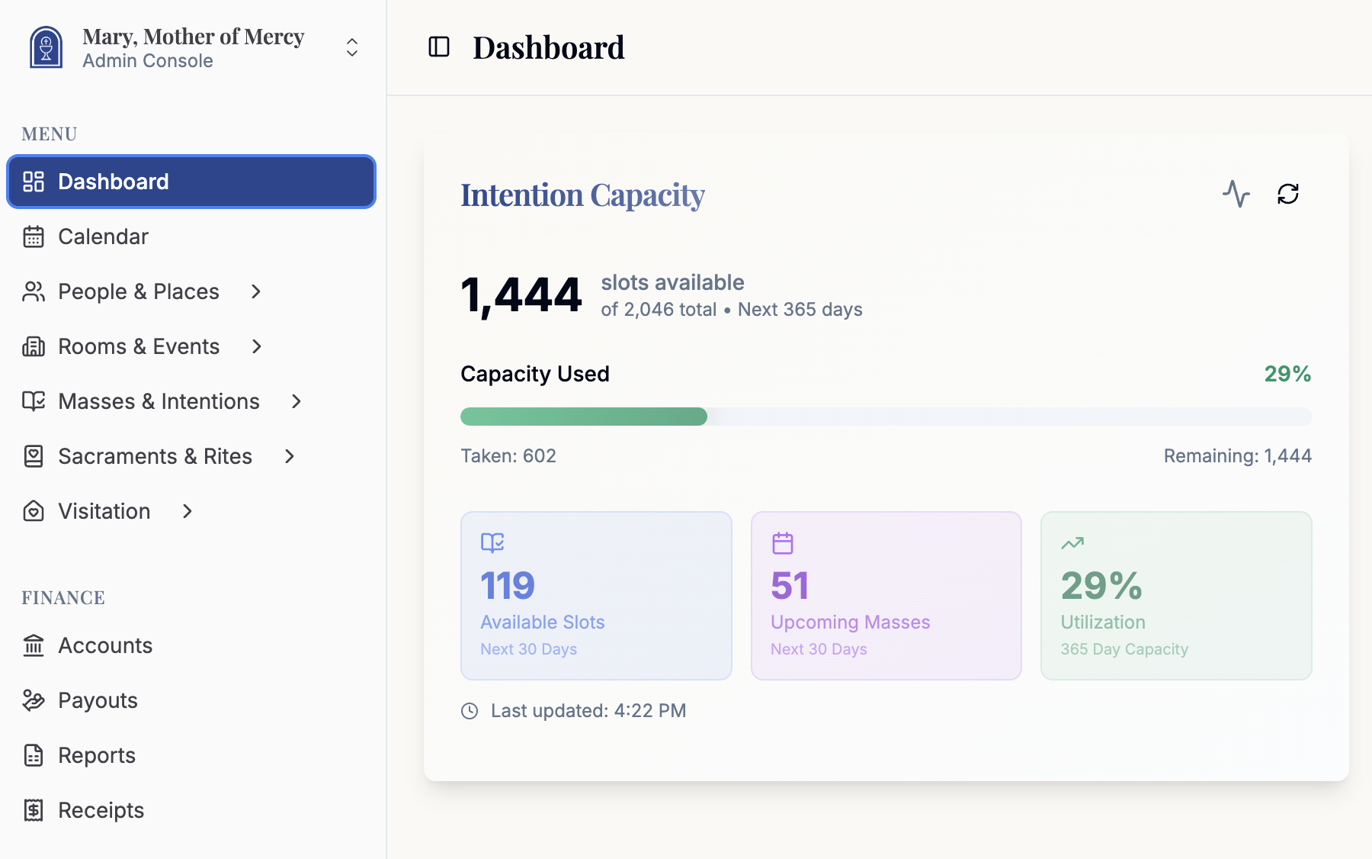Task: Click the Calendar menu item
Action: pos(103,236)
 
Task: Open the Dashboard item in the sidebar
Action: pos(114,182)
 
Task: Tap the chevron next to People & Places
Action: pos(256,291)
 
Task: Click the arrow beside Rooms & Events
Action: pos(257,346)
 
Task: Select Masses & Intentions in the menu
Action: pos(159,401)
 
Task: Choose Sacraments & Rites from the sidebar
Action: pos(155,456)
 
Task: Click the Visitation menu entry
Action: pos(104,511)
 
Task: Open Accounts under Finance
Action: pos(105,645)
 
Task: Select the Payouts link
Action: pos(98,700)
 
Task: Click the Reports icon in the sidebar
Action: pos(34,755)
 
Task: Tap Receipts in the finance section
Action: pos(101,810)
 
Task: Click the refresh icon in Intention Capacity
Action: pos(1288,194)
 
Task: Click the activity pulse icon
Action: pos(1236,194)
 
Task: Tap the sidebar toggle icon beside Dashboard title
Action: pos(439,47)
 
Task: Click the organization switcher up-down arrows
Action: pos(352,47)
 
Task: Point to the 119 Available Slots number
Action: pos(508,586)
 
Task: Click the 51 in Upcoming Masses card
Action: pos(790,586)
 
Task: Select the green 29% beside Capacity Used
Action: pos(1287,374)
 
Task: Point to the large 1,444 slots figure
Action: pos(521,296)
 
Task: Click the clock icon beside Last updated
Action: pos(470,711)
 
